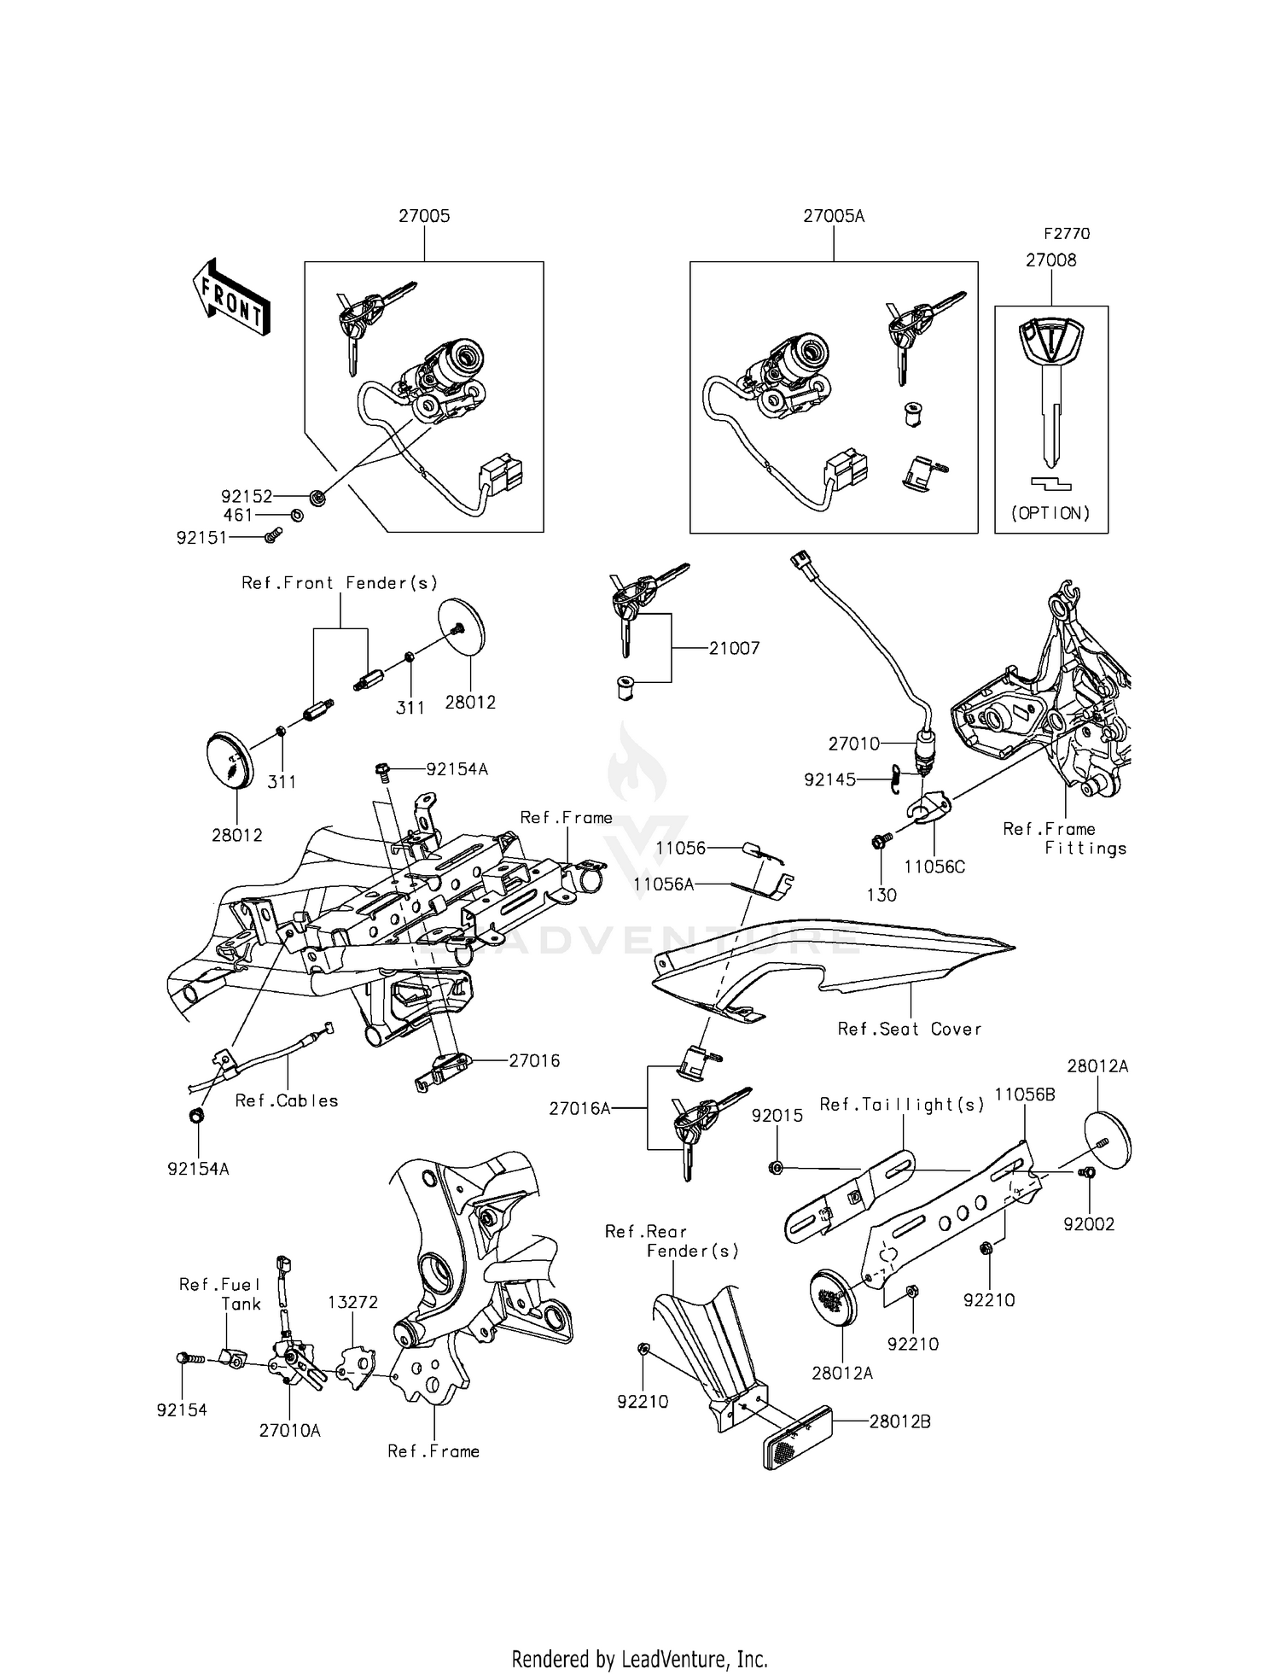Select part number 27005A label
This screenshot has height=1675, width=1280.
[833, 216]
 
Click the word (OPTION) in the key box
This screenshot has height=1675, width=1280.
[1050, 513]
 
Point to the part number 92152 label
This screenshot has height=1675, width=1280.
[246, 496]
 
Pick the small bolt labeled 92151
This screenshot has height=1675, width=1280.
[273, 535]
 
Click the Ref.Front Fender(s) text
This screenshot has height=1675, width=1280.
[340, 583]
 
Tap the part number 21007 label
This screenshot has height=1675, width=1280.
[734, 648]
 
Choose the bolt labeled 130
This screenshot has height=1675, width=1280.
[879, 842]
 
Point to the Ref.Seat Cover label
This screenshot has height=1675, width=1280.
[910, 1029]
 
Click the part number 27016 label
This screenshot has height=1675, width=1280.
[534, 1060]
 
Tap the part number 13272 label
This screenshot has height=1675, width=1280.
[352, 1302]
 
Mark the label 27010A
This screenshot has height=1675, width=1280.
[290, 1431]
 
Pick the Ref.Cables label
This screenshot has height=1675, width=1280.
[287, 1100]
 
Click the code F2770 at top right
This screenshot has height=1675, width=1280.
[1067, 233]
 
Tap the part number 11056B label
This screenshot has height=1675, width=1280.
[1025, 1094]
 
